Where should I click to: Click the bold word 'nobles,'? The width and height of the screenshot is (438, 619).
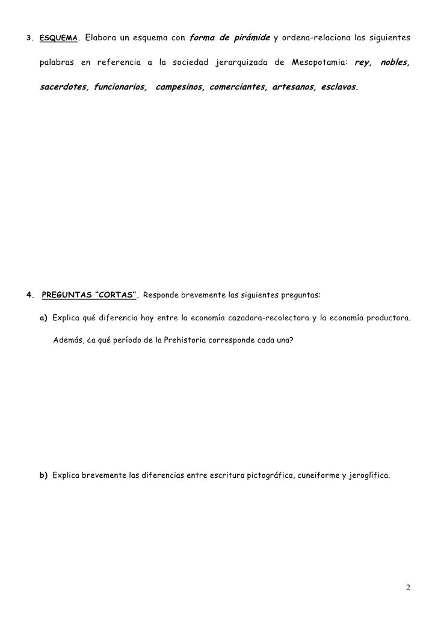click(x=395, y=63)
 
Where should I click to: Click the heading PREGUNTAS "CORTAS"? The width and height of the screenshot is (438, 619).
click(x=90, y=296)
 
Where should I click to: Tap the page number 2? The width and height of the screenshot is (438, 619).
click(x=408, y=587)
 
